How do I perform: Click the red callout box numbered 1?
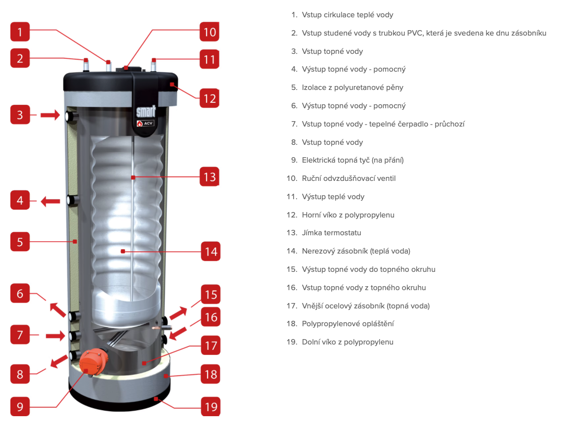point(20,32)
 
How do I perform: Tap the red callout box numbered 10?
point(210,32)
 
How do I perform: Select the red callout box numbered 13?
point(210,177)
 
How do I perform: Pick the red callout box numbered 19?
point(211,407)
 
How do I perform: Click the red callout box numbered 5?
point(20,242)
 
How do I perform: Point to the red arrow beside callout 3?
point(50,115)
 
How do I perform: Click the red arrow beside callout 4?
point(50,201)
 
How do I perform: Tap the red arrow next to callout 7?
point(55,336)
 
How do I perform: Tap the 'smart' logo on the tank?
point(146,111)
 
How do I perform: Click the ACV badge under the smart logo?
point(145,124)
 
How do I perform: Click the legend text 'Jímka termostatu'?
point(331,233)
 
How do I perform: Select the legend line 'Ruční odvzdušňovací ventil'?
point(349,178)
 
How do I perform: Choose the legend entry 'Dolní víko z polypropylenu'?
point(348,342)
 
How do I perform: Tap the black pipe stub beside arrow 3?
point(71,116)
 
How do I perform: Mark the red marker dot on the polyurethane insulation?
point(75,242)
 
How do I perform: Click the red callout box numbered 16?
point(211,317)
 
